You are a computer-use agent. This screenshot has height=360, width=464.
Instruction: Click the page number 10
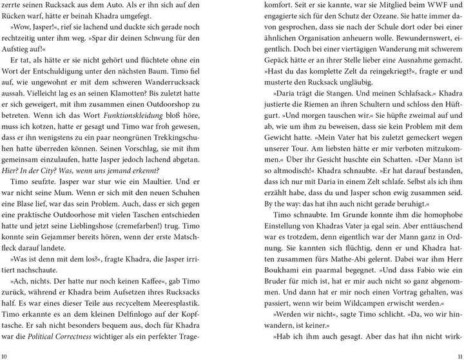tap(5, 355)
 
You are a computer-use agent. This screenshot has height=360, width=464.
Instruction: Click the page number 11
tap(458, 355)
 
